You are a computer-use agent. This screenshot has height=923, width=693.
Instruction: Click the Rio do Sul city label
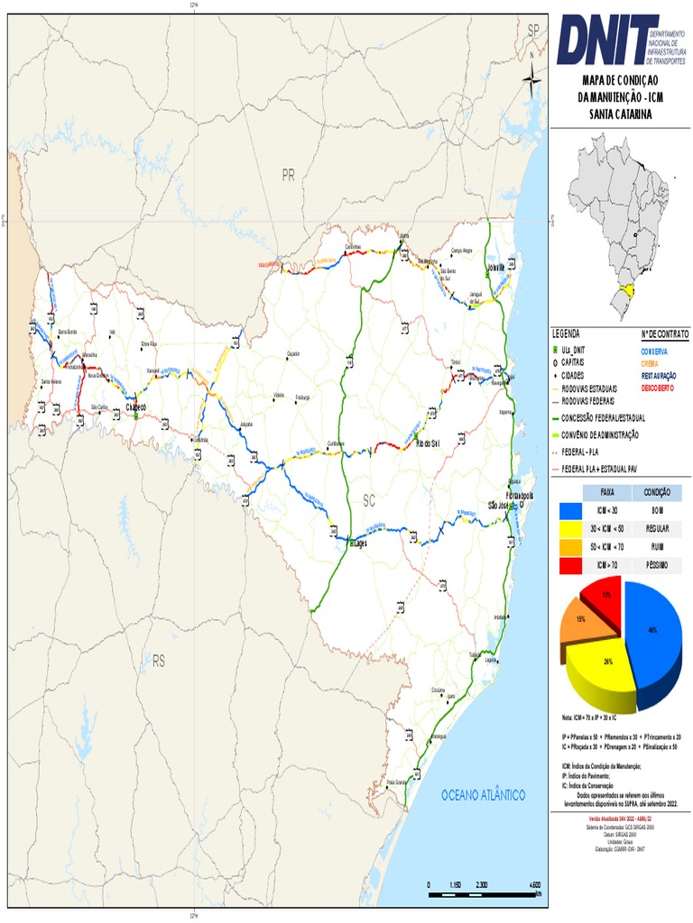[427, 444]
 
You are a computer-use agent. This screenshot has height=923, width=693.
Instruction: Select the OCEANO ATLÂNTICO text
[483, 795]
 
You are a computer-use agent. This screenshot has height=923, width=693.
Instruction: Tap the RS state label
[159, 662]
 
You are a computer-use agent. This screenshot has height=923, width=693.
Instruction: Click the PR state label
[289, 175]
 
